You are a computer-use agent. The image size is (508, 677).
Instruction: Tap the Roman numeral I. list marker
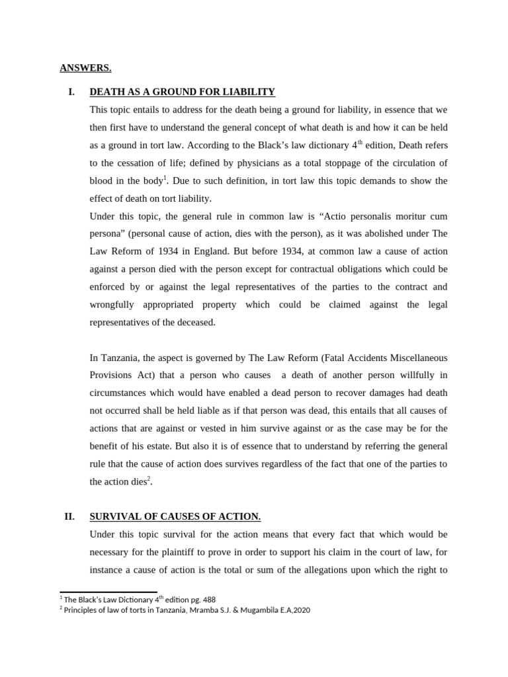click(72, 92)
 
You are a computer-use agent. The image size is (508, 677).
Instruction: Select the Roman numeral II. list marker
click(69, 516)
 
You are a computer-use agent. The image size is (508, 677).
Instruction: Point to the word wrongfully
click(112, 305)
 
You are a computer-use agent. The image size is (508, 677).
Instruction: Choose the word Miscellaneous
click(413, 358)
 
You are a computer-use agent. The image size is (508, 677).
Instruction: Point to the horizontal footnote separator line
click(108, 592)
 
